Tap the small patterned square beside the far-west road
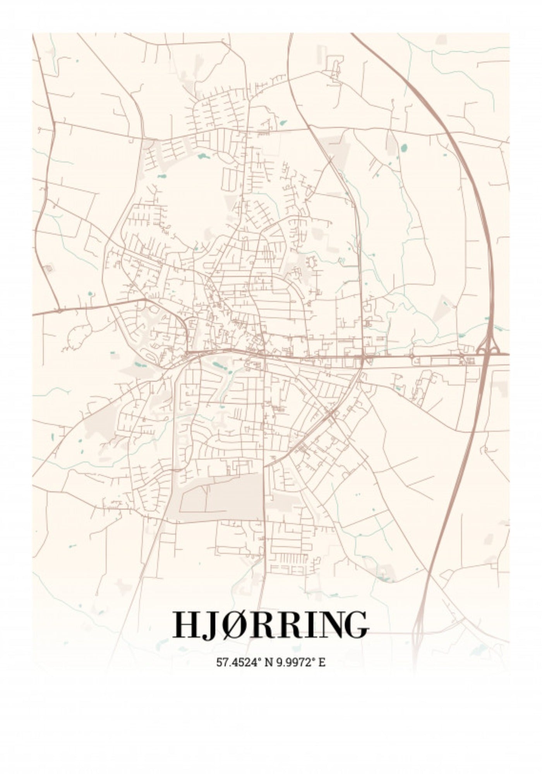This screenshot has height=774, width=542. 49,268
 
